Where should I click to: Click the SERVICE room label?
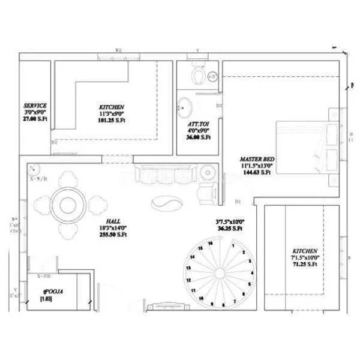click(x=35, y=106)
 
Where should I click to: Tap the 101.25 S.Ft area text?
click(x=112, y=119)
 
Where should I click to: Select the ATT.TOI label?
click(x=198, y=123)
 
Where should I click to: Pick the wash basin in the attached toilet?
click(x=185, y=107)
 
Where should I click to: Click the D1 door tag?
click(x=238, y=200)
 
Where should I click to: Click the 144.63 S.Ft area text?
click(x=256, y=172)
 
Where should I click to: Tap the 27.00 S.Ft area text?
click(x=35, y=119)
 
